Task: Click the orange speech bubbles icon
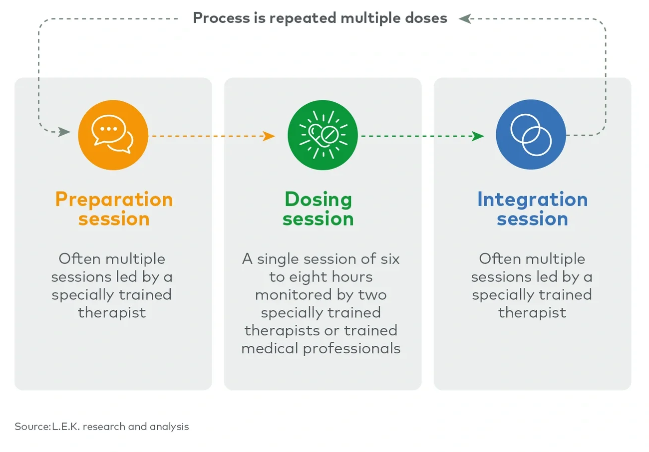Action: pyautogui.click(x=113, y=135)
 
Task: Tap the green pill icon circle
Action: pyautogui.click(x=323, y=135)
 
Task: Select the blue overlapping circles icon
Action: pyautogui.click(x=531, y=135)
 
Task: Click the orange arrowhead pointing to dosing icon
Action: pyautogui.click(x=270, y=136)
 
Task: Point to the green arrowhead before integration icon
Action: pyautogui.click(x=478, y=136)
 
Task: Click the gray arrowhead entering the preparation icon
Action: pyautogui.click(x=64, y=132)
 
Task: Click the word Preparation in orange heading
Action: pyautogui.click(x=114, y=199)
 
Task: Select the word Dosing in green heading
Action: pyautogui.click(x=318, y=199)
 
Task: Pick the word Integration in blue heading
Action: pyautogui.click(x=532, y=199)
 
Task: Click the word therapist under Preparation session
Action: pyautogui.click(x=112, y=313)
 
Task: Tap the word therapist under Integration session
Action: pyautogui.click(x=532, y=313)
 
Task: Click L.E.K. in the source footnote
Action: pyautogui.click(x=66, y=427)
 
